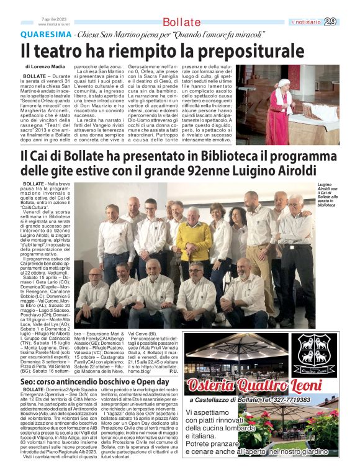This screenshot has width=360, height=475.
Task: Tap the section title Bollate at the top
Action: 182,22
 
